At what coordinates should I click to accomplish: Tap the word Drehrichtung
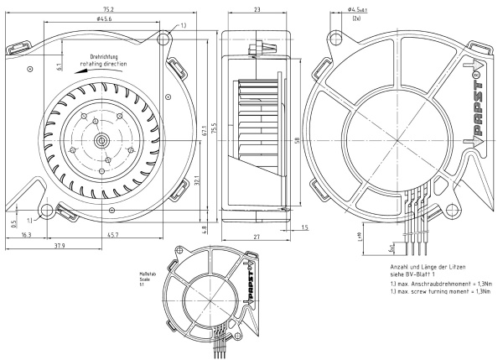(x=104, y=57)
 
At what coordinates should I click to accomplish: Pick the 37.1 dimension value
(x=195, y=179)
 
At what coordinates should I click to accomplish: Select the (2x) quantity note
(x=358, y=18)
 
